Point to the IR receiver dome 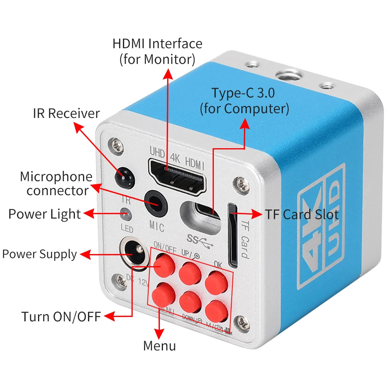pos(124,177)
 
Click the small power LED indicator pos(125,213)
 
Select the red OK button pos(216,282)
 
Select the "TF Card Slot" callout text pos(301,214)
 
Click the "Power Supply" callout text pos(40,255)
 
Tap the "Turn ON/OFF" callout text pos(61,316)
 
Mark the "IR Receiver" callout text pos(66,113)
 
